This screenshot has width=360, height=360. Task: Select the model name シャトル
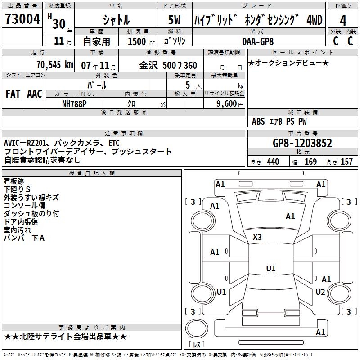[x=116, y=20]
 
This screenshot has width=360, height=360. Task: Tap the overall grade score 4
[x=343, y=21]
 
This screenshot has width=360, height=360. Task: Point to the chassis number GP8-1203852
[x=302, y=143]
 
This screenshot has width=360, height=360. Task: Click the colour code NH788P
[x=74, y=103]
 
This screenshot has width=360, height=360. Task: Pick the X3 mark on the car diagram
[x=257, y=237]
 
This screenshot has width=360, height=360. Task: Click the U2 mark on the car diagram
[x=320, y=292]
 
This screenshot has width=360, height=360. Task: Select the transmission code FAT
[x=13, y=94]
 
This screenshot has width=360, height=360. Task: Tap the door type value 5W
[x=175, y=20]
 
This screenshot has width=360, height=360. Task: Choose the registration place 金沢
[x=148, y=65]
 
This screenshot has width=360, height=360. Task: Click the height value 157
[x=346, y=162]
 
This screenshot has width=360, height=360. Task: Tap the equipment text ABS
[x=258, y=121]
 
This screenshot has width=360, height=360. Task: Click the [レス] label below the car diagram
[x=198, y=345]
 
